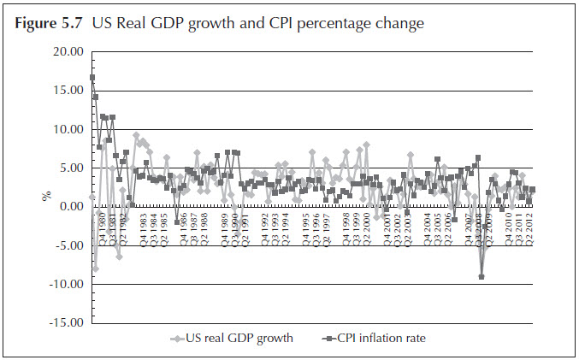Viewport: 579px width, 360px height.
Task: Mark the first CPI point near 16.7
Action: (92, 78)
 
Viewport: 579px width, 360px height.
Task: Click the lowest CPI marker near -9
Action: (482, 277)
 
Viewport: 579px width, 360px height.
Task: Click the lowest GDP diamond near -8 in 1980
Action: (96, 269)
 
